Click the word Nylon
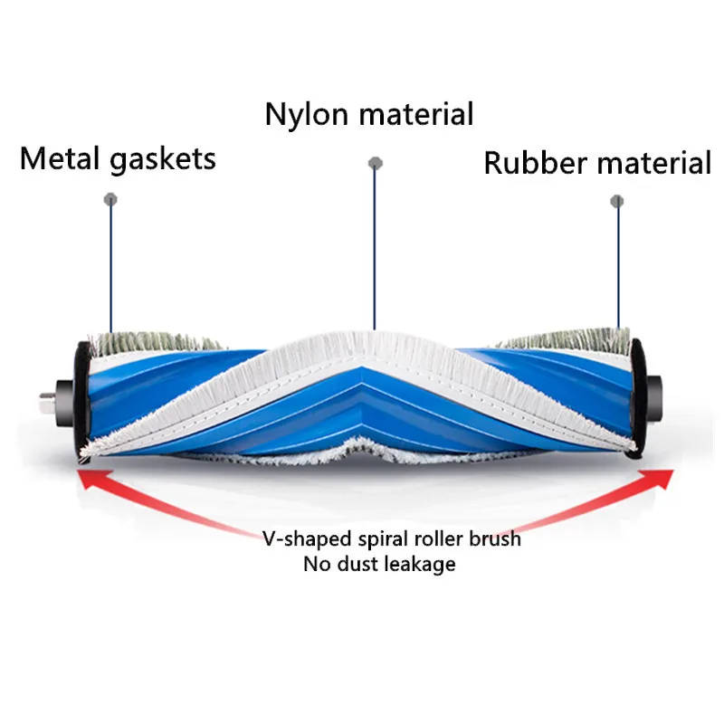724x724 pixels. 304,115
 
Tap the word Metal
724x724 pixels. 61,159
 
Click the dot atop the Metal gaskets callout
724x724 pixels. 110,197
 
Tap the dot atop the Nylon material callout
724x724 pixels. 373,163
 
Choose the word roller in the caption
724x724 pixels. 427,539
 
